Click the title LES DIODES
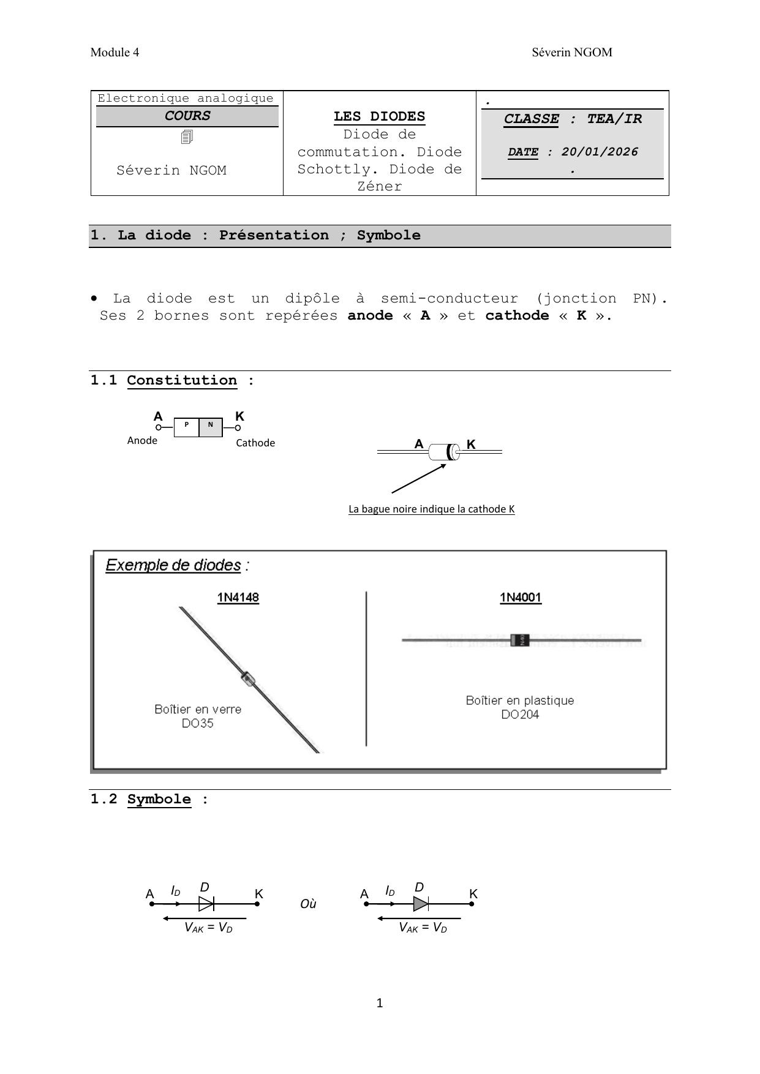tap(379, 116)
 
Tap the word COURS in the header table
tap(187, 116)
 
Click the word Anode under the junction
tap(142, 441)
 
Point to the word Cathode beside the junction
tap(255, 443)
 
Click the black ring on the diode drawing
tap(452, 452)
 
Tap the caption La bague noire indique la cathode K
tap(431, 509)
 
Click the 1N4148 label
tap(238, 598)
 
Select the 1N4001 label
tap(521, 598)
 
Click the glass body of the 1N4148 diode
tap(247, 677)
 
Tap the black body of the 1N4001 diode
tap(520, 640)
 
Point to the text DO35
tap(197, 724)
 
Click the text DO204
tap(520, 715)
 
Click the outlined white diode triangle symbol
tap(206, 904)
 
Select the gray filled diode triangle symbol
tap(420, 904)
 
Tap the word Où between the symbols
tap(308, 904)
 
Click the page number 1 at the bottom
tap(380, 1003)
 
